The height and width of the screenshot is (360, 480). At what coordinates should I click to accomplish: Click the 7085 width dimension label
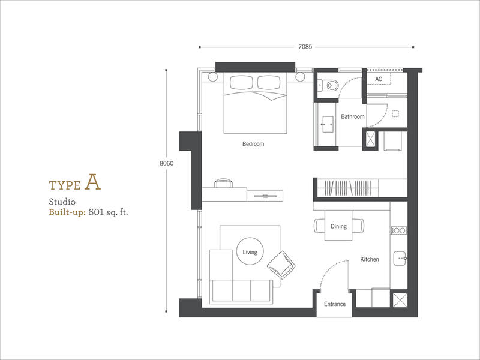(305, 47)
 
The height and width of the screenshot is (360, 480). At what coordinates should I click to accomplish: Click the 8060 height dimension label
(167, 163)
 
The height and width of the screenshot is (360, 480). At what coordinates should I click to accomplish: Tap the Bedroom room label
(253, 143)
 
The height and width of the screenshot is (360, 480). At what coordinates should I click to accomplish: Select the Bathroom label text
(353, 116)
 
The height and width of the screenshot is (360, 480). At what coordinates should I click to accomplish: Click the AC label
(379, 79)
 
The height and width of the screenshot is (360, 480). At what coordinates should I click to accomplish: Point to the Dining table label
(338, 226)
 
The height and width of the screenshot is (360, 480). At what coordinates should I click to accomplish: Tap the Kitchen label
(370, 259)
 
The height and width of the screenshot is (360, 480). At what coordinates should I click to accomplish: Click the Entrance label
(335, 304)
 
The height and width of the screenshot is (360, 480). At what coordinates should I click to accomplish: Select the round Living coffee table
(250, 251)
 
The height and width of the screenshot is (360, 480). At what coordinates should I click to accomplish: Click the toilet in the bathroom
(329, 85)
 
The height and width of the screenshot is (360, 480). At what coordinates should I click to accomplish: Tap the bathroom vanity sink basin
(328, 124)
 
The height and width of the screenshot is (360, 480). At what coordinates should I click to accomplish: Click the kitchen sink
(400, 259)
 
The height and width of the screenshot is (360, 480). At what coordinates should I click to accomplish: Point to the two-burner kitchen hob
(399, 230)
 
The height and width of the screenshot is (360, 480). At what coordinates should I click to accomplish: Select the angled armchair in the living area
(281, 265)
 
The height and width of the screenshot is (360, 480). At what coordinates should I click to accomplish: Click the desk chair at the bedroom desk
(223, 183)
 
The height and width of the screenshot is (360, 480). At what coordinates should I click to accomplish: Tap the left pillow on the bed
(242, 83)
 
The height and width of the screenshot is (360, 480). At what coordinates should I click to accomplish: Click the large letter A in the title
(93, 182)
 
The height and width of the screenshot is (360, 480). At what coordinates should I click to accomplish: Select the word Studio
(62, 202)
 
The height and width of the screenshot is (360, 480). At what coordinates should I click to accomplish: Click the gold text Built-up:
(67, 212)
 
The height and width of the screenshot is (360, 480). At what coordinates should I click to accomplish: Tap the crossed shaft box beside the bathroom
(371, 139)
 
